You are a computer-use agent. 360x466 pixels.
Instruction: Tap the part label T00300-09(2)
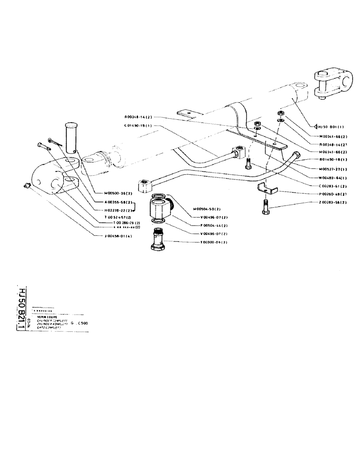pyautogui.click(x=214, y=242)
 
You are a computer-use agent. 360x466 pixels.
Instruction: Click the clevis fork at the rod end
pyautogui.click(x=332, y=83)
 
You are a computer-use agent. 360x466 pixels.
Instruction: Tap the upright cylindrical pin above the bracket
pyautogui.click(x=72, y=137)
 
